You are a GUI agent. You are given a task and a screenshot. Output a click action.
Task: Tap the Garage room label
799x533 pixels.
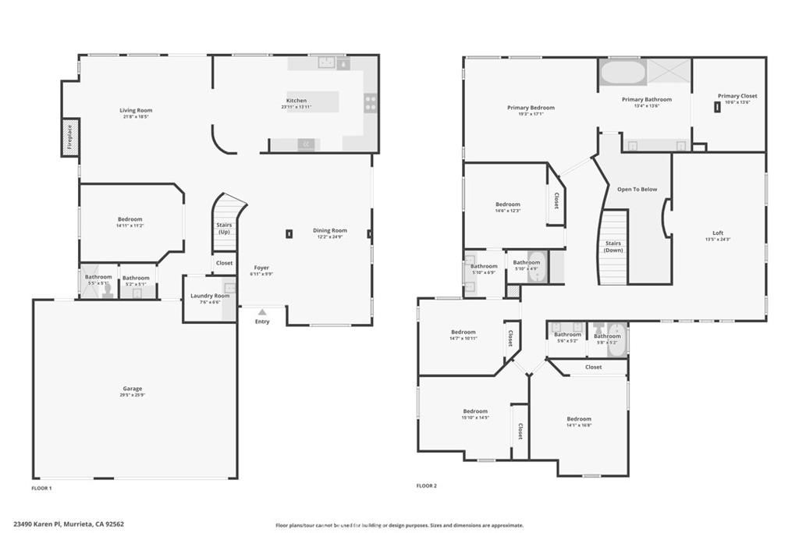click(x=133, y=389)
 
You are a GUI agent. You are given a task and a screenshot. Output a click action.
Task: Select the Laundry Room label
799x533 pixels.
click(x=211, y=296)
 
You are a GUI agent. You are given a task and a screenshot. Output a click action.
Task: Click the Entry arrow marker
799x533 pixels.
click(x=262, y=312)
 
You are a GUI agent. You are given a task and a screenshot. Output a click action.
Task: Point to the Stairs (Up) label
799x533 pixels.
click(x=224, y=228)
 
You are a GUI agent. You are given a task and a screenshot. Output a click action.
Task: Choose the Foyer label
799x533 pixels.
click(x=261, y=268)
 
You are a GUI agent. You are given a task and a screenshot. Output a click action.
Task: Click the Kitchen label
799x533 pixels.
click(x=297, y=101)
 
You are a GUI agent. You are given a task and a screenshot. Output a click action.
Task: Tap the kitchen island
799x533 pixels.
click(x=313, y=101)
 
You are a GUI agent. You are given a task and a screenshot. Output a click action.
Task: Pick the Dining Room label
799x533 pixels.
click(x=329, y=230)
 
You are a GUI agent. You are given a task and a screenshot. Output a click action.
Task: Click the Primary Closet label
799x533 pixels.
click(x=737, y=96)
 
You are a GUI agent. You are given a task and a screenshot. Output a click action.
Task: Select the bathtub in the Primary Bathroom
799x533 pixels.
click(x=622, y=73)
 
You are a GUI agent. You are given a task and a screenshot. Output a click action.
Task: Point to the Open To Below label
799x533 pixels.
click(x=637, y=190)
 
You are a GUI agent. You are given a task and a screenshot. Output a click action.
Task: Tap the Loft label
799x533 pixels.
click(x=718, y=233)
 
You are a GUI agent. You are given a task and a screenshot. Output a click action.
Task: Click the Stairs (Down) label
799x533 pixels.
click(x=613, y=247)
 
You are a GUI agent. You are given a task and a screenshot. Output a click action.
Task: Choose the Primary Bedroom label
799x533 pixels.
click(x=531, y=108)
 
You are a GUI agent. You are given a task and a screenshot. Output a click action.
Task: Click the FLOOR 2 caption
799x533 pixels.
click(x=426, y=485)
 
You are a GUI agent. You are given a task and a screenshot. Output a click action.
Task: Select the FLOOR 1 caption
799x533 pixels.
click(x=41, y=488)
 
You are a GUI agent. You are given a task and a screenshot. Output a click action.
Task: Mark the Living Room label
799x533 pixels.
click(x=136, y=110)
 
